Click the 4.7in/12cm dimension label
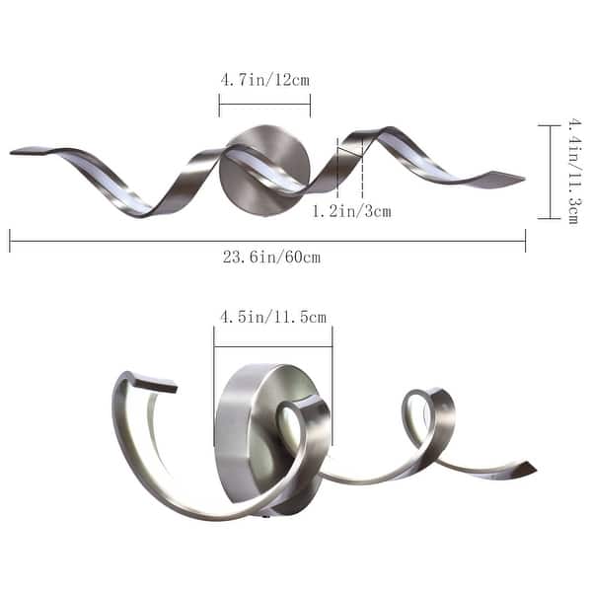pos(264,79)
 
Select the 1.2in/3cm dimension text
pos(352,211)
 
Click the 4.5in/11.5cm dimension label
pos(273,317)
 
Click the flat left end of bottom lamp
pos(156,382)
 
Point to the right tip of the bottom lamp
pos(531,469)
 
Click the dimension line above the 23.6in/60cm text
pos(266,240)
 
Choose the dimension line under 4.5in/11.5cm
pos(273,345)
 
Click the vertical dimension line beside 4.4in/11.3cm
pos(550,171)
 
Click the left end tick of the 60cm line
pos(10,240)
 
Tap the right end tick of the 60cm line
pos(525,240)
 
